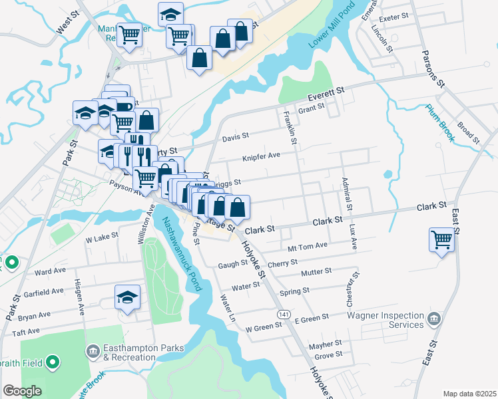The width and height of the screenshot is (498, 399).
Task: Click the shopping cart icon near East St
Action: pos(442,240)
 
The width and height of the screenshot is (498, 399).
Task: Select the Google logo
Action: pos(22,391)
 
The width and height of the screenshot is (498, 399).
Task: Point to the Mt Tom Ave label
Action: pos(308,246)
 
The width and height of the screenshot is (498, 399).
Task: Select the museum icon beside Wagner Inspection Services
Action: pos(434,319)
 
